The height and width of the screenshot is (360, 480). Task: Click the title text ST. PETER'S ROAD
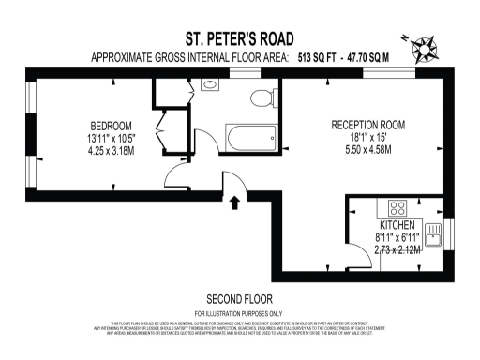[x=239, y=39]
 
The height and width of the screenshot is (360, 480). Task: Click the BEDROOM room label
[x=111, y=126]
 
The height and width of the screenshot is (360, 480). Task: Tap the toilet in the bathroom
[x=261, y=96]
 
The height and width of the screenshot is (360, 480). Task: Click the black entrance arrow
[x=233, y=198]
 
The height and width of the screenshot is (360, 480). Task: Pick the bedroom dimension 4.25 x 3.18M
[x=111, y=150]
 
